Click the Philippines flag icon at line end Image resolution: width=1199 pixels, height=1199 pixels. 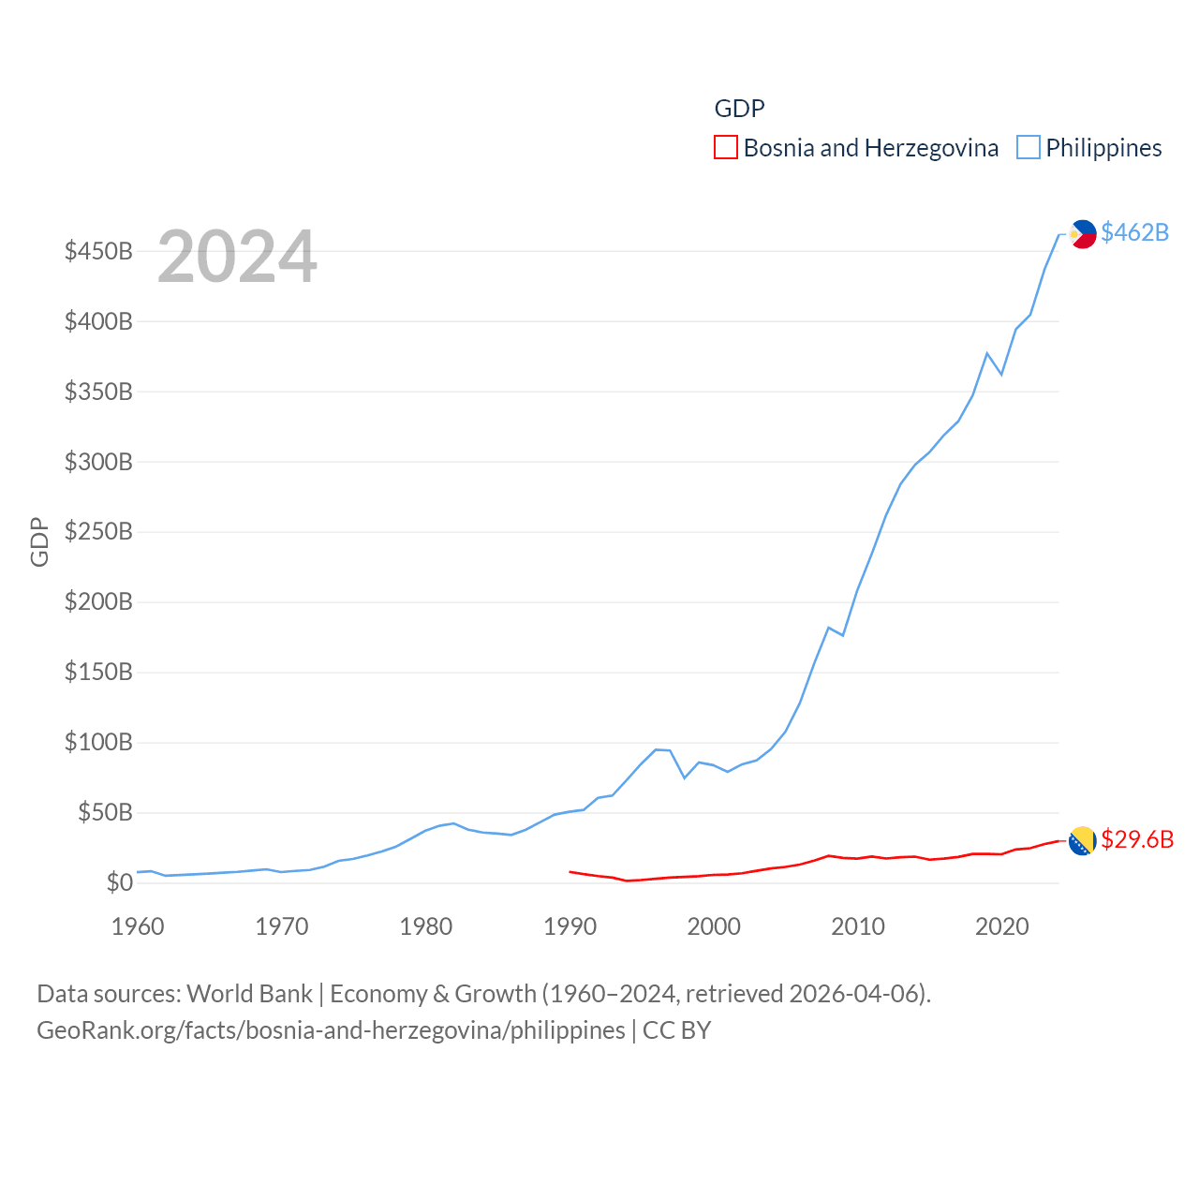click(x=1083, y=233)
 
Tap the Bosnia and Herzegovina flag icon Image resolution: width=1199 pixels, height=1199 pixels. click(x=1083, y=840)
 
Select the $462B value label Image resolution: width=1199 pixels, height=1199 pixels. click(x=1134, y=232)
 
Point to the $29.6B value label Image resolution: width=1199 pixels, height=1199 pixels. click(x=1136, y=839)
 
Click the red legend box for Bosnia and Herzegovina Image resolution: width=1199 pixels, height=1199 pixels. click(x=725, y=148)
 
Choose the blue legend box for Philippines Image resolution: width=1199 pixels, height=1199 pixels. click(x=1028, y=148)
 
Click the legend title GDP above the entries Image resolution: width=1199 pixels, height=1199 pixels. click(x=739, y=109)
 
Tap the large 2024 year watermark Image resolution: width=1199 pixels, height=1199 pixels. click(x=237, y=257)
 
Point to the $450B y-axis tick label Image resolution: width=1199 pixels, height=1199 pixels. click(x=98, y=251)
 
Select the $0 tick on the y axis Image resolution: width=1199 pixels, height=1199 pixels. click(x=119, y=882)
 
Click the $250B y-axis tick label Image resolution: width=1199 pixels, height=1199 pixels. click(x=98, y=532)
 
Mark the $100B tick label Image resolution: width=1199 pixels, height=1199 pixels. click(x=98, y=743)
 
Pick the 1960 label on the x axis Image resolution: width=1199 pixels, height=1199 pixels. click(x=138, y=926)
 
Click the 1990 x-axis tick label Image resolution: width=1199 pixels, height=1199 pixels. click(x=570, y=926)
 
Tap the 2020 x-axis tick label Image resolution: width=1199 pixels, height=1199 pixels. click(x=1001, y=926)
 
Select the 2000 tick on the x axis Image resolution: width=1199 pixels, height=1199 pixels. click(x=714, y=926)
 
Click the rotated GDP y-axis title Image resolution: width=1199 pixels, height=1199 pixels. click(x=39, y=541)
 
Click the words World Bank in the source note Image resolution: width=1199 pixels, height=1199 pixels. click(x=249, y=994)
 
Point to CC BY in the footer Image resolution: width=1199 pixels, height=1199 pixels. click(x=676, y=1030)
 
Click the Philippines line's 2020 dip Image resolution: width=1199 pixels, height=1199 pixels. click(x=1001, y=374)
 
